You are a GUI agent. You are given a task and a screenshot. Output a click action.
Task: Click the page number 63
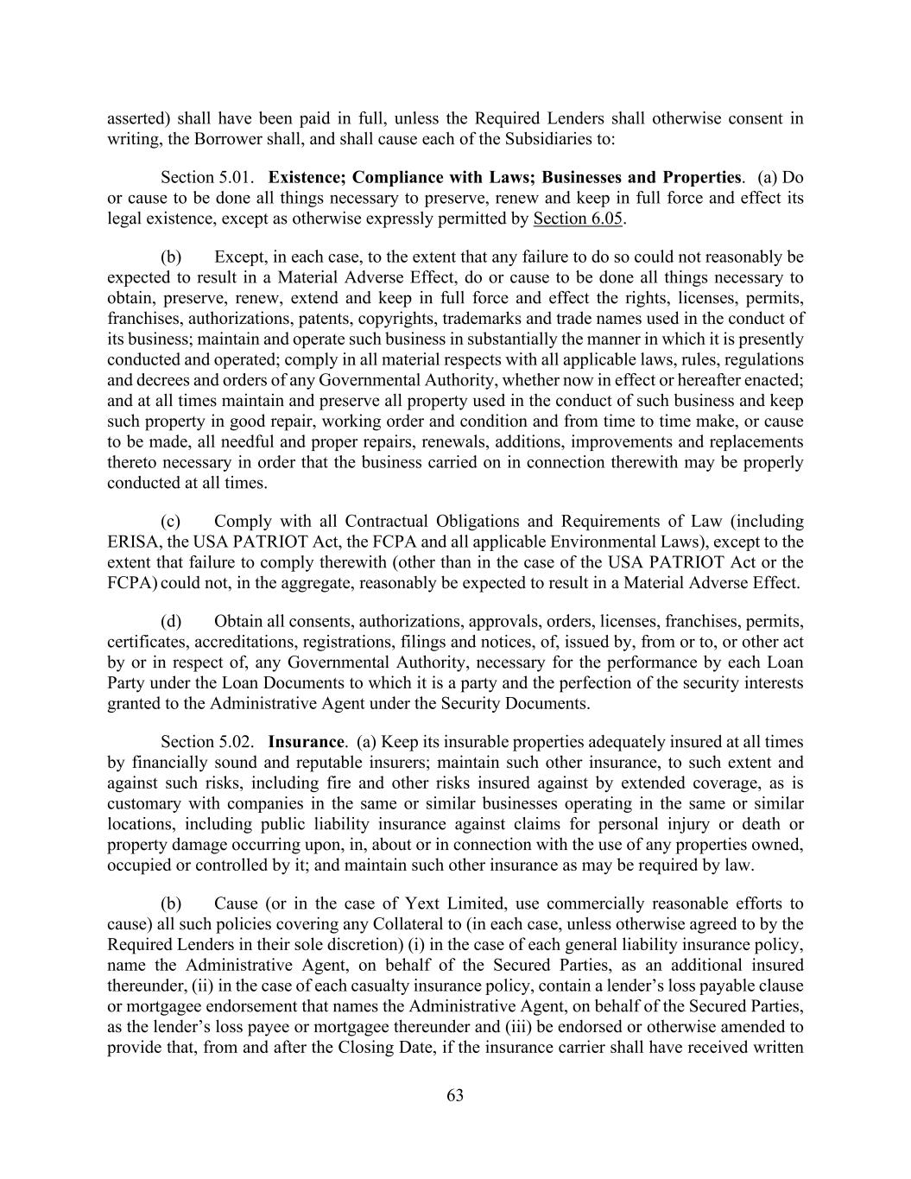click(455, 1096)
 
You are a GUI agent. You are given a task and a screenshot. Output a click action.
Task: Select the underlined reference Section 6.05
click(578, 219)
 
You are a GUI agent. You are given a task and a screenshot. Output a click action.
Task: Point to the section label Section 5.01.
click(207, 177)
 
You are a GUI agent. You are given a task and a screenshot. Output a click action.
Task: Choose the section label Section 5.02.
click(207, 742)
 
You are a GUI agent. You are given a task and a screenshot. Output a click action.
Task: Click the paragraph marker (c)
click(171, 522)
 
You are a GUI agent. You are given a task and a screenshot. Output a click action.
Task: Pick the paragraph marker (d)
click(171, 622)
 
